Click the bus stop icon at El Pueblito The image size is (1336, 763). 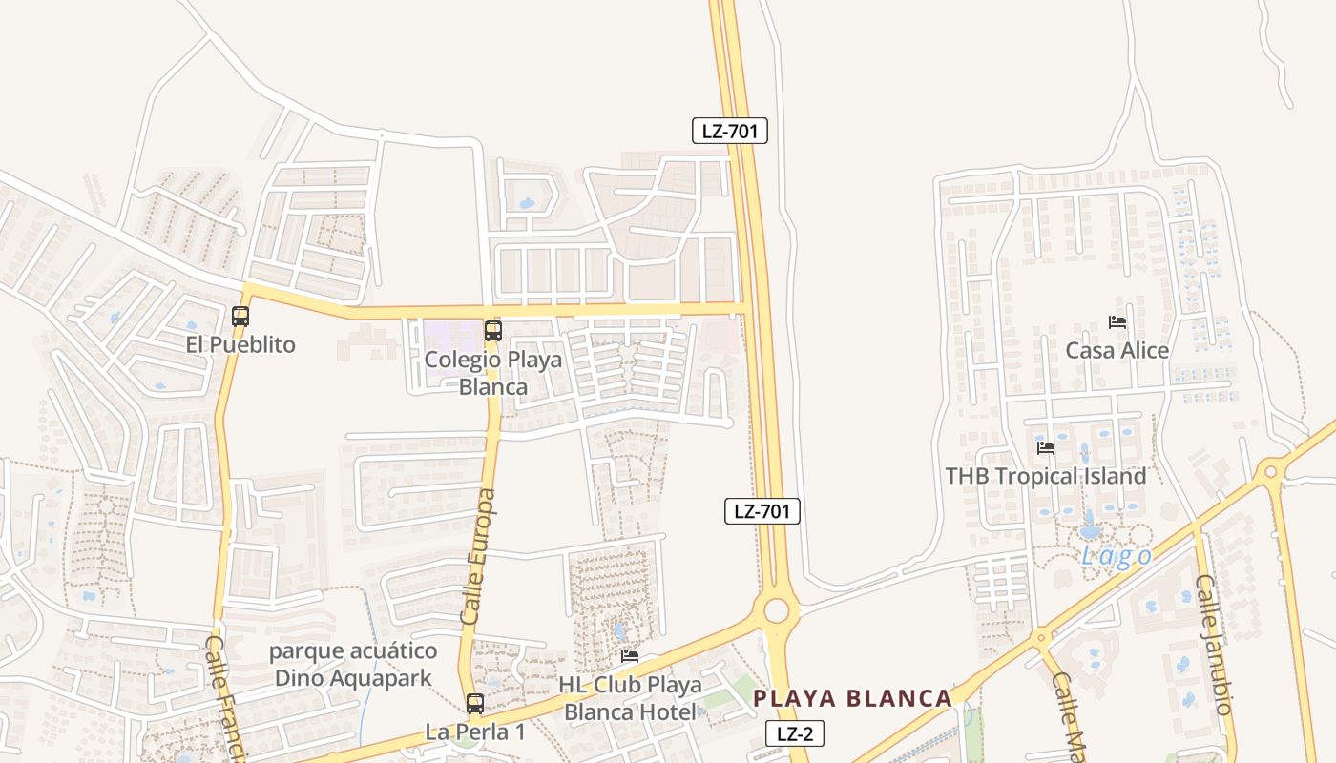tap(240, 317)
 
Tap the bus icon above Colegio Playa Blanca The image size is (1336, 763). tap(493, 331)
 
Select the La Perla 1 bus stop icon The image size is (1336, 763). tap(475, 705)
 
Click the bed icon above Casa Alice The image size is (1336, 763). tap(1117, 322)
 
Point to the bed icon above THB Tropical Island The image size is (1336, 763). tap(1046, 447)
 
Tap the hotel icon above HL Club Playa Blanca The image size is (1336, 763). tap(630, 656)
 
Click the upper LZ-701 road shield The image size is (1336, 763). tap(730, 132)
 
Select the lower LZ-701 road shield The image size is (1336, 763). tap(761, 511)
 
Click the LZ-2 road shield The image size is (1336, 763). tap(794, 733)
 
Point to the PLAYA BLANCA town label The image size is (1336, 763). tap(852, 698)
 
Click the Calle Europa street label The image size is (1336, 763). tap(479, 557)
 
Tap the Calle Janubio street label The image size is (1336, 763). tap(1215, 644)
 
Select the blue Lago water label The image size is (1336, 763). tap(1116, 556)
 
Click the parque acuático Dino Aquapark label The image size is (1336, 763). tap(353, 665)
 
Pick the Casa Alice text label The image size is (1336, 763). tap(1117, 351)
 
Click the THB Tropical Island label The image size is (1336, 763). tap(1046, 476)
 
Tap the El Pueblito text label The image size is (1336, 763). tap(240, 345)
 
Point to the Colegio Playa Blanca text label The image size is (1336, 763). tap(493, 373)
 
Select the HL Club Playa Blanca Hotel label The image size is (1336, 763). tap(630, 698)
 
